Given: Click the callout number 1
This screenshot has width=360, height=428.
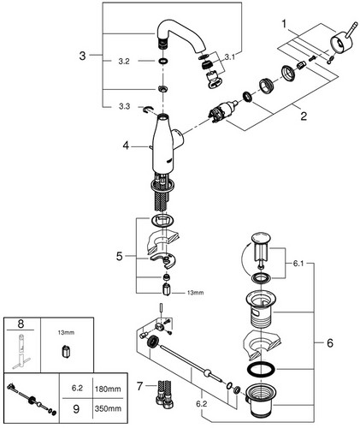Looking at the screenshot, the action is click(284, 24).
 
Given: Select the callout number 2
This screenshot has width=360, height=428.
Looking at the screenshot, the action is click(304, 116).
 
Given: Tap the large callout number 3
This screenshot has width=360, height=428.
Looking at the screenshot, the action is click(82, 56).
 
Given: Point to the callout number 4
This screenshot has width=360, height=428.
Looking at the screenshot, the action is click(126, 146).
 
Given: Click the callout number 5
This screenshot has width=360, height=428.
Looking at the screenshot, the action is click(120, 256).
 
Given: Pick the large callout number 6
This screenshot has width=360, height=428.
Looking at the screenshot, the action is click(330, 342).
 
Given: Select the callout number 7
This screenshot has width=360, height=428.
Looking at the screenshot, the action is click(139, 386).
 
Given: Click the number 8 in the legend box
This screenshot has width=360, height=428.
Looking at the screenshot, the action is click(21, 324).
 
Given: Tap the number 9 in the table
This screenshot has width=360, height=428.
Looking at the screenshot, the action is click(76, 409).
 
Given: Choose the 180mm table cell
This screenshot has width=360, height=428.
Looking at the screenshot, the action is click(108, 389).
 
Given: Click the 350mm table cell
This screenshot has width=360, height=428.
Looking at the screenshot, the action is click(108, 408).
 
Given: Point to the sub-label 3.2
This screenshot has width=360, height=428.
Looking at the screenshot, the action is click(124, 62).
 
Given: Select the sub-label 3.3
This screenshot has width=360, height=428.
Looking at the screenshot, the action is click(124, 106).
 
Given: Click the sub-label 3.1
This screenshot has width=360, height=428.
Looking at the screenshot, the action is click(230, 57).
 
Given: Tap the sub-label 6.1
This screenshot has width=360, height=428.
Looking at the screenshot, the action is click(298, 264).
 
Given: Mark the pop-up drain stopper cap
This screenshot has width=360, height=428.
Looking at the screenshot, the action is click(261, 238).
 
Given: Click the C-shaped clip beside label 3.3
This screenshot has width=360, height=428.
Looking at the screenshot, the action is click(148, 110).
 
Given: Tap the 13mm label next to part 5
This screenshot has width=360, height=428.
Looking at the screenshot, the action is click(195, 293).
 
